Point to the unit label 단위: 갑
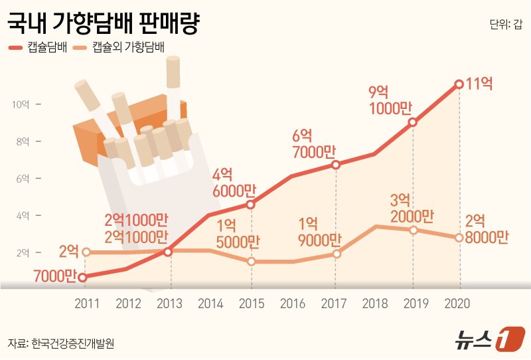click(x=506, y=25)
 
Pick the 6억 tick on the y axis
click(x=23, y=179)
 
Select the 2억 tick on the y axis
click(x=23, y=253)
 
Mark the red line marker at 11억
click(x=459, y=84)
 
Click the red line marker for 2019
click(x=413, y=122)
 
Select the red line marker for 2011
click(x=82, y=278)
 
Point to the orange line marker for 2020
click(x=459, y=238)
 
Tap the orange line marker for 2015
click(x=251, y=262)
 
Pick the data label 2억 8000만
click(x=487, y=230)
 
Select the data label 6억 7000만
click(x=316, y=144)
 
